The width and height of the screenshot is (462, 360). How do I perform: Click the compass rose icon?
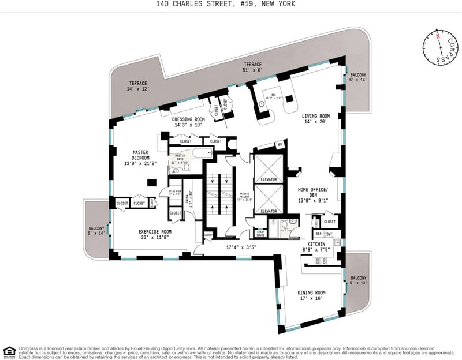(440, 48)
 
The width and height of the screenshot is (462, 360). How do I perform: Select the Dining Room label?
(312, 295)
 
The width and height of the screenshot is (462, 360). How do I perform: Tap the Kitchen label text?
(315, 247)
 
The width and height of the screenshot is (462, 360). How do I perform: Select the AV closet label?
(280, 145)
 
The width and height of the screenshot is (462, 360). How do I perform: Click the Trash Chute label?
(261, 234)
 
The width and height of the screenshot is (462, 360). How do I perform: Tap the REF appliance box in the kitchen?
(318, 234)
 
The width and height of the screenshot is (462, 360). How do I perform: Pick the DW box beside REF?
(329, 234)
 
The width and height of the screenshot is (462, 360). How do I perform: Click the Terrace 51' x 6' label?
(252, 67)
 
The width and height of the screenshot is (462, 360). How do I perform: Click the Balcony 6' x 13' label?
(358, 280)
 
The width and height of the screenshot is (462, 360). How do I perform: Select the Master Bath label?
(180, 158)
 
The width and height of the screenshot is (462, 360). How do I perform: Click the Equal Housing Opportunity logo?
(9, 351)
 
